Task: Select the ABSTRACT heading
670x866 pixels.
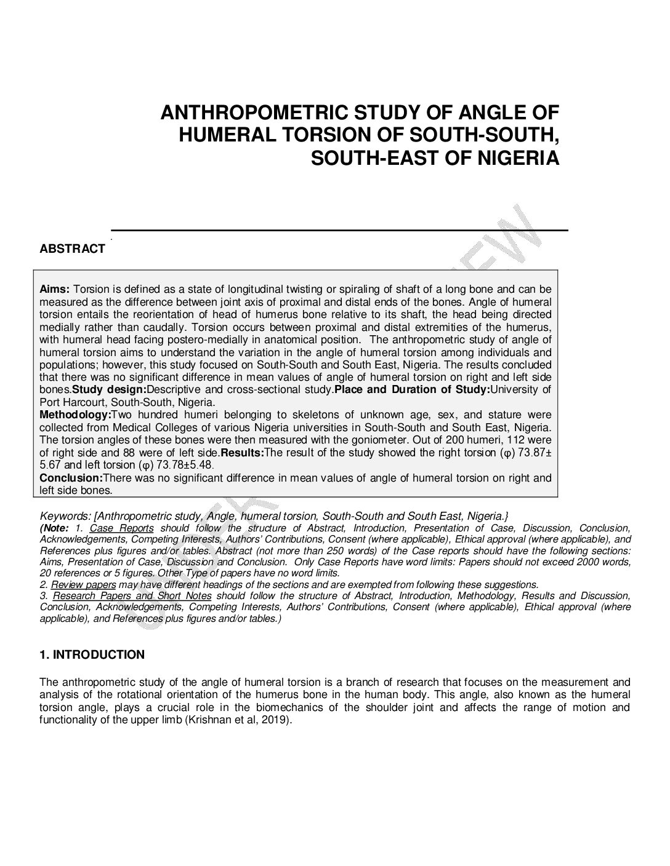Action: pyautogui.click(x=72, y=249)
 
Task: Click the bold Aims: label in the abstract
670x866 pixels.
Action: pyautogui.click(x=56, y=289)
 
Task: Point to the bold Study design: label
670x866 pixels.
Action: pyautogui.click(x=109, y=390)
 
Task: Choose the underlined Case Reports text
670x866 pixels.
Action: pyautogui.click(x=121, y=528)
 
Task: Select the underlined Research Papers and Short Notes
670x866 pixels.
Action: pyautogui.click(x=132, y=595)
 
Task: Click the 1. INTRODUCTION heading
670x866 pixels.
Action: pyautogui.click(x=92, y=654)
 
